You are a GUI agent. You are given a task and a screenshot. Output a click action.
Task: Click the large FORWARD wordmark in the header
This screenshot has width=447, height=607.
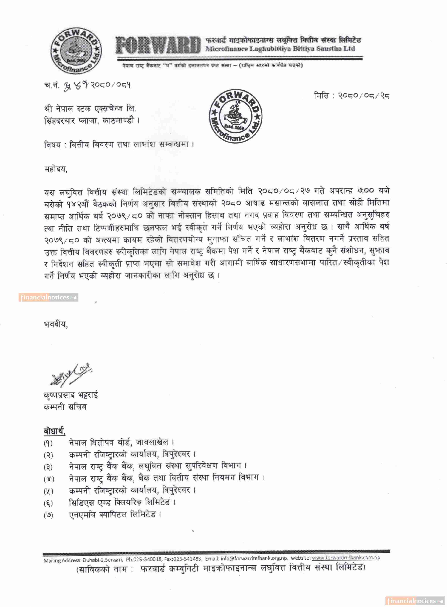tap(158, 45)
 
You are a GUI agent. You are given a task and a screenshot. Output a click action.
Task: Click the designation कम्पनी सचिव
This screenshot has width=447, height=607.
tap(65, 407)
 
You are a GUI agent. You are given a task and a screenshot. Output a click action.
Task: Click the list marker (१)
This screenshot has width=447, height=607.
tap(48, 443)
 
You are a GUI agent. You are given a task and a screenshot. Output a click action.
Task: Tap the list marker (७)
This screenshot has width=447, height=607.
tap(48, 515)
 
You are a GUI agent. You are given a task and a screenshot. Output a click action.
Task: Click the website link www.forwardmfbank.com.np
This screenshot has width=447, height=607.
tap(346, 557)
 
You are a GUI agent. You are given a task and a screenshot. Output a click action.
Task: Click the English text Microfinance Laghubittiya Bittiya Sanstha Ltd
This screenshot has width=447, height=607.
tap(280, 49)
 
